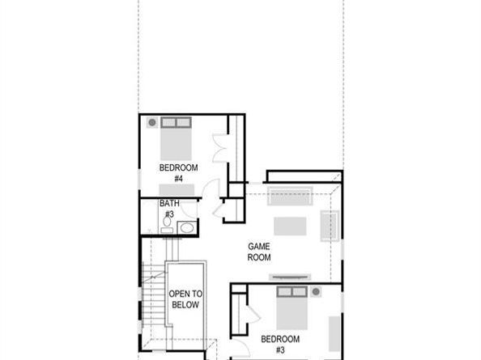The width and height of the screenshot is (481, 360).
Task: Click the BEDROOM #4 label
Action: (x=178, y=173)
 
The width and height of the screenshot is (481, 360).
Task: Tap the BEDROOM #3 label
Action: (x=280, y=345)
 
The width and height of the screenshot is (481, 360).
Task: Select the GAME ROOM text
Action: (x=259, y=252)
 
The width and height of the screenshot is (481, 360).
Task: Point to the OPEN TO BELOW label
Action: (x=185, y=299)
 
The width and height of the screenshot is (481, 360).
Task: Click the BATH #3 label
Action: (x=169, y=209)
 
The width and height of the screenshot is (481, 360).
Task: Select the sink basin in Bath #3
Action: (x=187, y=227)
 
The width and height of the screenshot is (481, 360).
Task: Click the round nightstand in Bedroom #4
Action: (x=152, y=122)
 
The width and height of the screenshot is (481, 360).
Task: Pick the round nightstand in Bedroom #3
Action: (x=316, y=292)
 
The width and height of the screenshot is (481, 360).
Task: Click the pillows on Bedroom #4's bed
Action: (x=177, y=122)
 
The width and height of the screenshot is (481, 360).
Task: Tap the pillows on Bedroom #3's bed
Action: (x=292, y=292)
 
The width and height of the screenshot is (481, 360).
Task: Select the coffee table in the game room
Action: (x=290, y=226)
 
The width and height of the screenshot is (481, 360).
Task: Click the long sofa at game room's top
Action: (x=290, y=196)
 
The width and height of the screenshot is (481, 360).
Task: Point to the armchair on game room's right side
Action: (x=330, y=226)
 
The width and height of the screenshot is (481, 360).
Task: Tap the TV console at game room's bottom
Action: (x=290, y=277)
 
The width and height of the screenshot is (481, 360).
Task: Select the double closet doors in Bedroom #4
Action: (x=220, y=148)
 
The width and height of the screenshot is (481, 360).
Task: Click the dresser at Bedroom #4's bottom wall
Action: (x=177, y=190)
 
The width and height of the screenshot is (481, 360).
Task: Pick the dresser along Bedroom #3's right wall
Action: (x=334, y=333)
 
